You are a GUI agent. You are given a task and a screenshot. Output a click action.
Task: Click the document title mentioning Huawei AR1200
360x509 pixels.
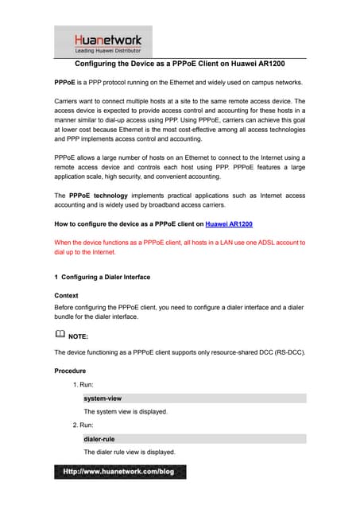point(180,63)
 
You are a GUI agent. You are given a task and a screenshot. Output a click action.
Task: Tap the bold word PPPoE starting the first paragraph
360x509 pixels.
point(65,83)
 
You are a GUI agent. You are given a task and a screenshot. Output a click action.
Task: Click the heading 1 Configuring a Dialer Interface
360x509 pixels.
point(102,277)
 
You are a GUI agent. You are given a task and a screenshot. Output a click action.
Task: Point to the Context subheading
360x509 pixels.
point(67,295)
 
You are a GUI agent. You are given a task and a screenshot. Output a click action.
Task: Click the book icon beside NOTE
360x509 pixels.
point(60,335)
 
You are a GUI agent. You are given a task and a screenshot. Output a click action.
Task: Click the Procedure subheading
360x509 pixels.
point(72,371)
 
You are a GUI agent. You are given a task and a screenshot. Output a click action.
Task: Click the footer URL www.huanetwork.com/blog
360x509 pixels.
point(119,472)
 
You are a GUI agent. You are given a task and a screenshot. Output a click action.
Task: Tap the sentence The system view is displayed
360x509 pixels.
point(126,411)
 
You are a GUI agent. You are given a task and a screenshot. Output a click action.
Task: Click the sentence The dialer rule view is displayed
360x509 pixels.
point(130,452)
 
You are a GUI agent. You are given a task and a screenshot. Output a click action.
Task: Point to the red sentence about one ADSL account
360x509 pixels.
point(180,247)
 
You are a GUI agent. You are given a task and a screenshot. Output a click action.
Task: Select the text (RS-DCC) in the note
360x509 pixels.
point(288,351)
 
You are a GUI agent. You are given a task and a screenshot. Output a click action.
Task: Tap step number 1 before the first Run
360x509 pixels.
point(75,384)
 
